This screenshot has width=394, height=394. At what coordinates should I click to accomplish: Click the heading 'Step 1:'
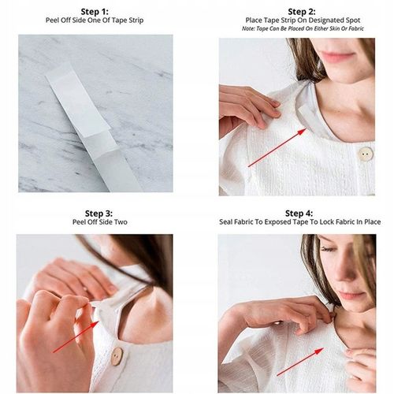click(x=95, y=12)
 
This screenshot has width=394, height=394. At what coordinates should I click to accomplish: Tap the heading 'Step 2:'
click(x=302, y=12)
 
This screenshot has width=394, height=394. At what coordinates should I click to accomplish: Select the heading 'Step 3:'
click(x=98, y=214)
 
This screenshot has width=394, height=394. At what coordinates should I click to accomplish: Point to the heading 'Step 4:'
click(x=299, y=214)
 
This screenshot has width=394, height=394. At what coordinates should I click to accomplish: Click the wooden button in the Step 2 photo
click(x=366, y=154)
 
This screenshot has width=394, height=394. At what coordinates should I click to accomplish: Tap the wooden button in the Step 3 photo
click(x=117, y=356)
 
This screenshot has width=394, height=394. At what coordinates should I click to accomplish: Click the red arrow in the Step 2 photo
click(x=277, y=147)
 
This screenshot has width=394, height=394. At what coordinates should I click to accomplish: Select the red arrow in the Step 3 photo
click(x=76, y=336)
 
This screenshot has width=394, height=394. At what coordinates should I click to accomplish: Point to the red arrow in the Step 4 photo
click(x=300, y=362)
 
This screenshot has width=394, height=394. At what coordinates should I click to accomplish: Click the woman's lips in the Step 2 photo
click(x=337, y=57)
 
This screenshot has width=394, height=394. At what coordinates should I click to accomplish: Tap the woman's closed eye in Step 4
click(x=329, y=249)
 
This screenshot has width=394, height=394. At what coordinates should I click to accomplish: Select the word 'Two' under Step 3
click(x=121, y=222)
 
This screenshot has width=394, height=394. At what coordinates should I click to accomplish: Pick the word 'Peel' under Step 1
click(x=52, y=20)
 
